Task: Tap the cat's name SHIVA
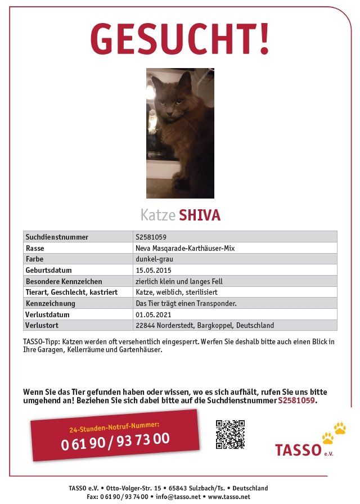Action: [199, 215]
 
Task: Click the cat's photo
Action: [180, 133]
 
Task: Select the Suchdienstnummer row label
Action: [57, 237]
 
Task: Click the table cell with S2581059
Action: [151, 237]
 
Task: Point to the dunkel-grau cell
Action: [154, 259]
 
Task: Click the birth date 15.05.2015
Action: [154, 270]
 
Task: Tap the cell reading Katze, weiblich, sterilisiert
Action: [176, 292]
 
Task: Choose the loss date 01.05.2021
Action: [154, 314]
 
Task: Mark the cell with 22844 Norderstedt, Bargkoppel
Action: [205, 325]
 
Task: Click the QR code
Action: [230, 434]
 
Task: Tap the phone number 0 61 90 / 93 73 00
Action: [115, 441]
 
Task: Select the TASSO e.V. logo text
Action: [298, 450]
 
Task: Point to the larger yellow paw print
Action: [340, 428]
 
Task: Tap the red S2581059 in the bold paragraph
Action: [297, 401]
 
